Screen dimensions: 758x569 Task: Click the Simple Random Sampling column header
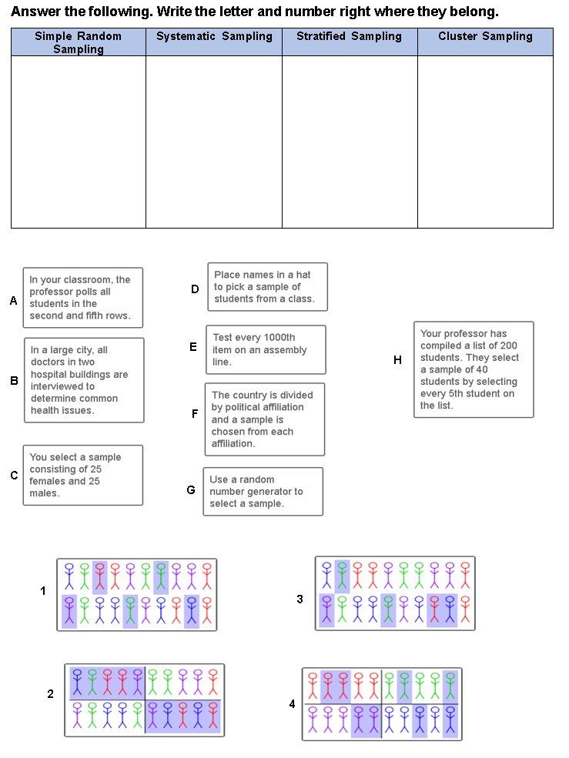[79, 42]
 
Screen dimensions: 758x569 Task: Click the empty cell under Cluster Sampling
[485, 142]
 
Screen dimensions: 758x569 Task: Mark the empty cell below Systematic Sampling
[214, 142]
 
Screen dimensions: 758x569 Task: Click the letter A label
[13, 302]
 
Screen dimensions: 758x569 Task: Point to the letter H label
[397, 360]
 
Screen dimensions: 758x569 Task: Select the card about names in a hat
[267, 287]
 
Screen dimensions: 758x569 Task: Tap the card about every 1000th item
[266, 349]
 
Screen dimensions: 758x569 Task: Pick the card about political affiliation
[265, 419]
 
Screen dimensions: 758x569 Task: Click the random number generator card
[263, 492]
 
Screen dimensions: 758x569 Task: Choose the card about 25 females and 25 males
[83, 475]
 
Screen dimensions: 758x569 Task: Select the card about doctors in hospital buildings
[84, 380]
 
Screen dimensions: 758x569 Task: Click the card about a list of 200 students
[474, 369]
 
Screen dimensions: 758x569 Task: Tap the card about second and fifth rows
[83, 298]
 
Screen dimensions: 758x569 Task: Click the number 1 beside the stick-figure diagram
[43, 591]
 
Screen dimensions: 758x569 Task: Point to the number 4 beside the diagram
[292, 703]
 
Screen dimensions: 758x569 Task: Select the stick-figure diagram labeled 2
[145, 700]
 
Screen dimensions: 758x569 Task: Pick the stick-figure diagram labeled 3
[395, 593]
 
